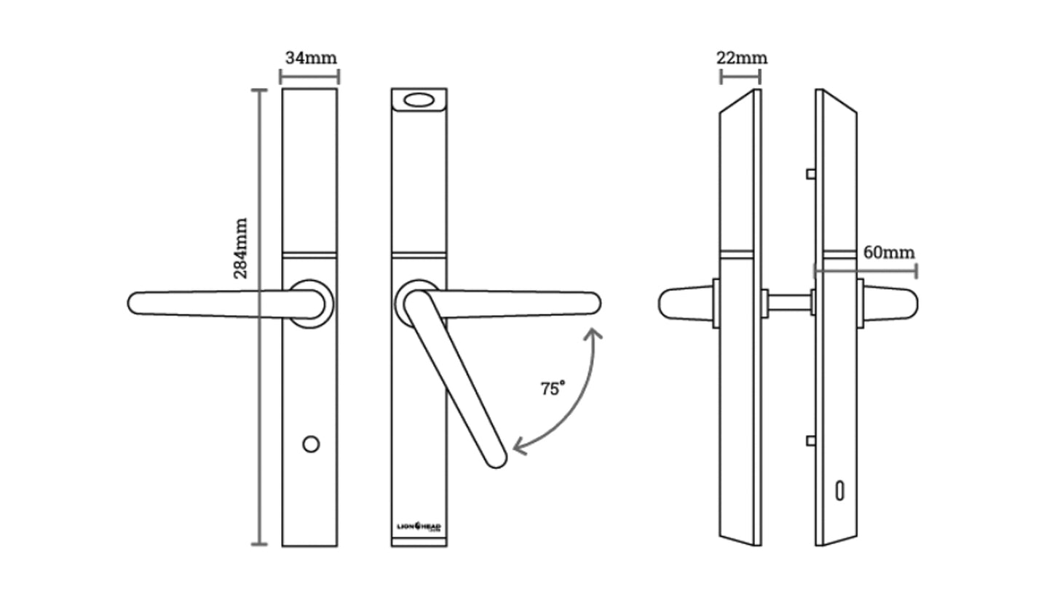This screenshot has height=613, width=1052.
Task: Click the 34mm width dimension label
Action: click(x=311, y=57)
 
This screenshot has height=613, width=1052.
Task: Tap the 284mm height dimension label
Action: click(x=241, y=248)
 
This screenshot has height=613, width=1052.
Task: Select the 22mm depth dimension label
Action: click(x=741, y=57)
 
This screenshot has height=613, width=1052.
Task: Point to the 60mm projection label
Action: click(x=888, y=252)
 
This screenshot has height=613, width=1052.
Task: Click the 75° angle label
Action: click(x=553, y=388)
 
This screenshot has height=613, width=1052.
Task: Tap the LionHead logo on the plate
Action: click(x=419, y=526)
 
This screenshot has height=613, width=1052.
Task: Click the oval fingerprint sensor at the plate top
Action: click(x=419, y=100)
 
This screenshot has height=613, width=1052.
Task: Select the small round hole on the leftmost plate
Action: click(x=311, y=444)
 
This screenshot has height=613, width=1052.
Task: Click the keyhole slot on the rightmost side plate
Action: click(x=839, y=491)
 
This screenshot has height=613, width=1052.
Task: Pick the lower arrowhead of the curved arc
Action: click(x=518, y=446)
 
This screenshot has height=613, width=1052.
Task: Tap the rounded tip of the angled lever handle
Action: click(x=497, y=459)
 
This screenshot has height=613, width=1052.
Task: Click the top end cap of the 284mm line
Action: click(x=259, y=89)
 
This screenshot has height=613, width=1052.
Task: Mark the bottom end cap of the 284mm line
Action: click(x=259, y=544)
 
